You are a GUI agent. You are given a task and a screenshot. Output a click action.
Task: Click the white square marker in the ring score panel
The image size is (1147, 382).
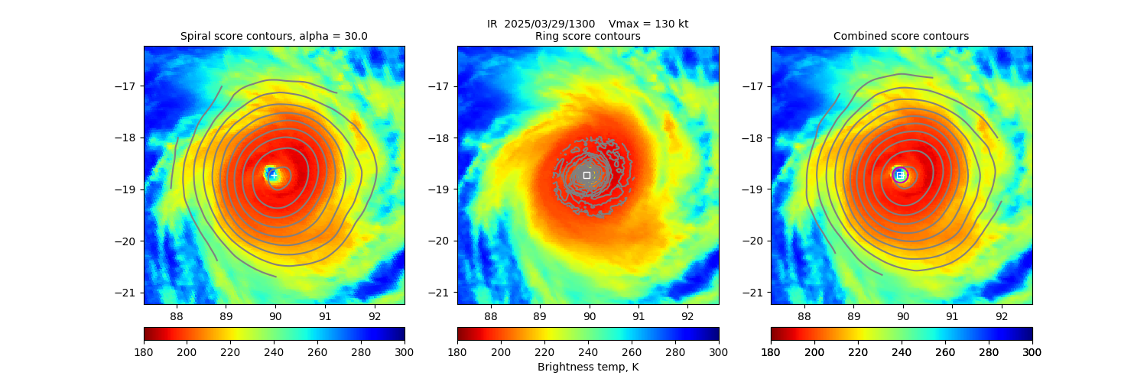(586, 175)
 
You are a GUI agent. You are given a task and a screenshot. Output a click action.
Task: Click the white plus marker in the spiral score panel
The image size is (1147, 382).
(273, 175)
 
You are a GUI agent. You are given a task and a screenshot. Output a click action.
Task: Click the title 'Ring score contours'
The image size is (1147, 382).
(588, 36)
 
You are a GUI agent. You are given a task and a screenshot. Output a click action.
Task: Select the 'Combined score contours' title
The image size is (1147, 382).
(901, 36)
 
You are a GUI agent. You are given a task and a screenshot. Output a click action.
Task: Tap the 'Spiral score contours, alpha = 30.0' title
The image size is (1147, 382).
(274, 36)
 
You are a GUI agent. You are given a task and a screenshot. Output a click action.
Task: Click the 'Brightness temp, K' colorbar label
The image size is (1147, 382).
(588, 367)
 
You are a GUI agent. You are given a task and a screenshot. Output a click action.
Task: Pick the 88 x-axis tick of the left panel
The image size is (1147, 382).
(177, 316)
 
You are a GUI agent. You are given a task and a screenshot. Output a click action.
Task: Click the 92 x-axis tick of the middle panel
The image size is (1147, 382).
(687, 316)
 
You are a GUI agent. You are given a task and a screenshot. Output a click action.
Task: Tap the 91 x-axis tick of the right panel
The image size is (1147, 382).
(952, 316)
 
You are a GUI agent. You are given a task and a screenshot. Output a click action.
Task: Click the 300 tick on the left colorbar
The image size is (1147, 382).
(405, 351)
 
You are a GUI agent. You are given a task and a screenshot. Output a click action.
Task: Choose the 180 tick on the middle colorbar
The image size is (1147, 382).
(457, 351)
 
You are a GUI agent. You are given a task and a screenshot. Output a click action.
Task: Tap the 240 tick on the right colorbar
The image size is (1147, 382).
(902, 351)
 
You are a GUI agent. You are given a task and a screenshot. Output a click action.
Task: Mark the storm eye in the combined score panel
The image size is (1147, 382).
(899, 175)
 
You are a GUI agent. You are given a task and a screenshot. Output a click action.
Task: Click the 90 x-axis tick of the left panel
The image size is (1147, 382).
(275, 316)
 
